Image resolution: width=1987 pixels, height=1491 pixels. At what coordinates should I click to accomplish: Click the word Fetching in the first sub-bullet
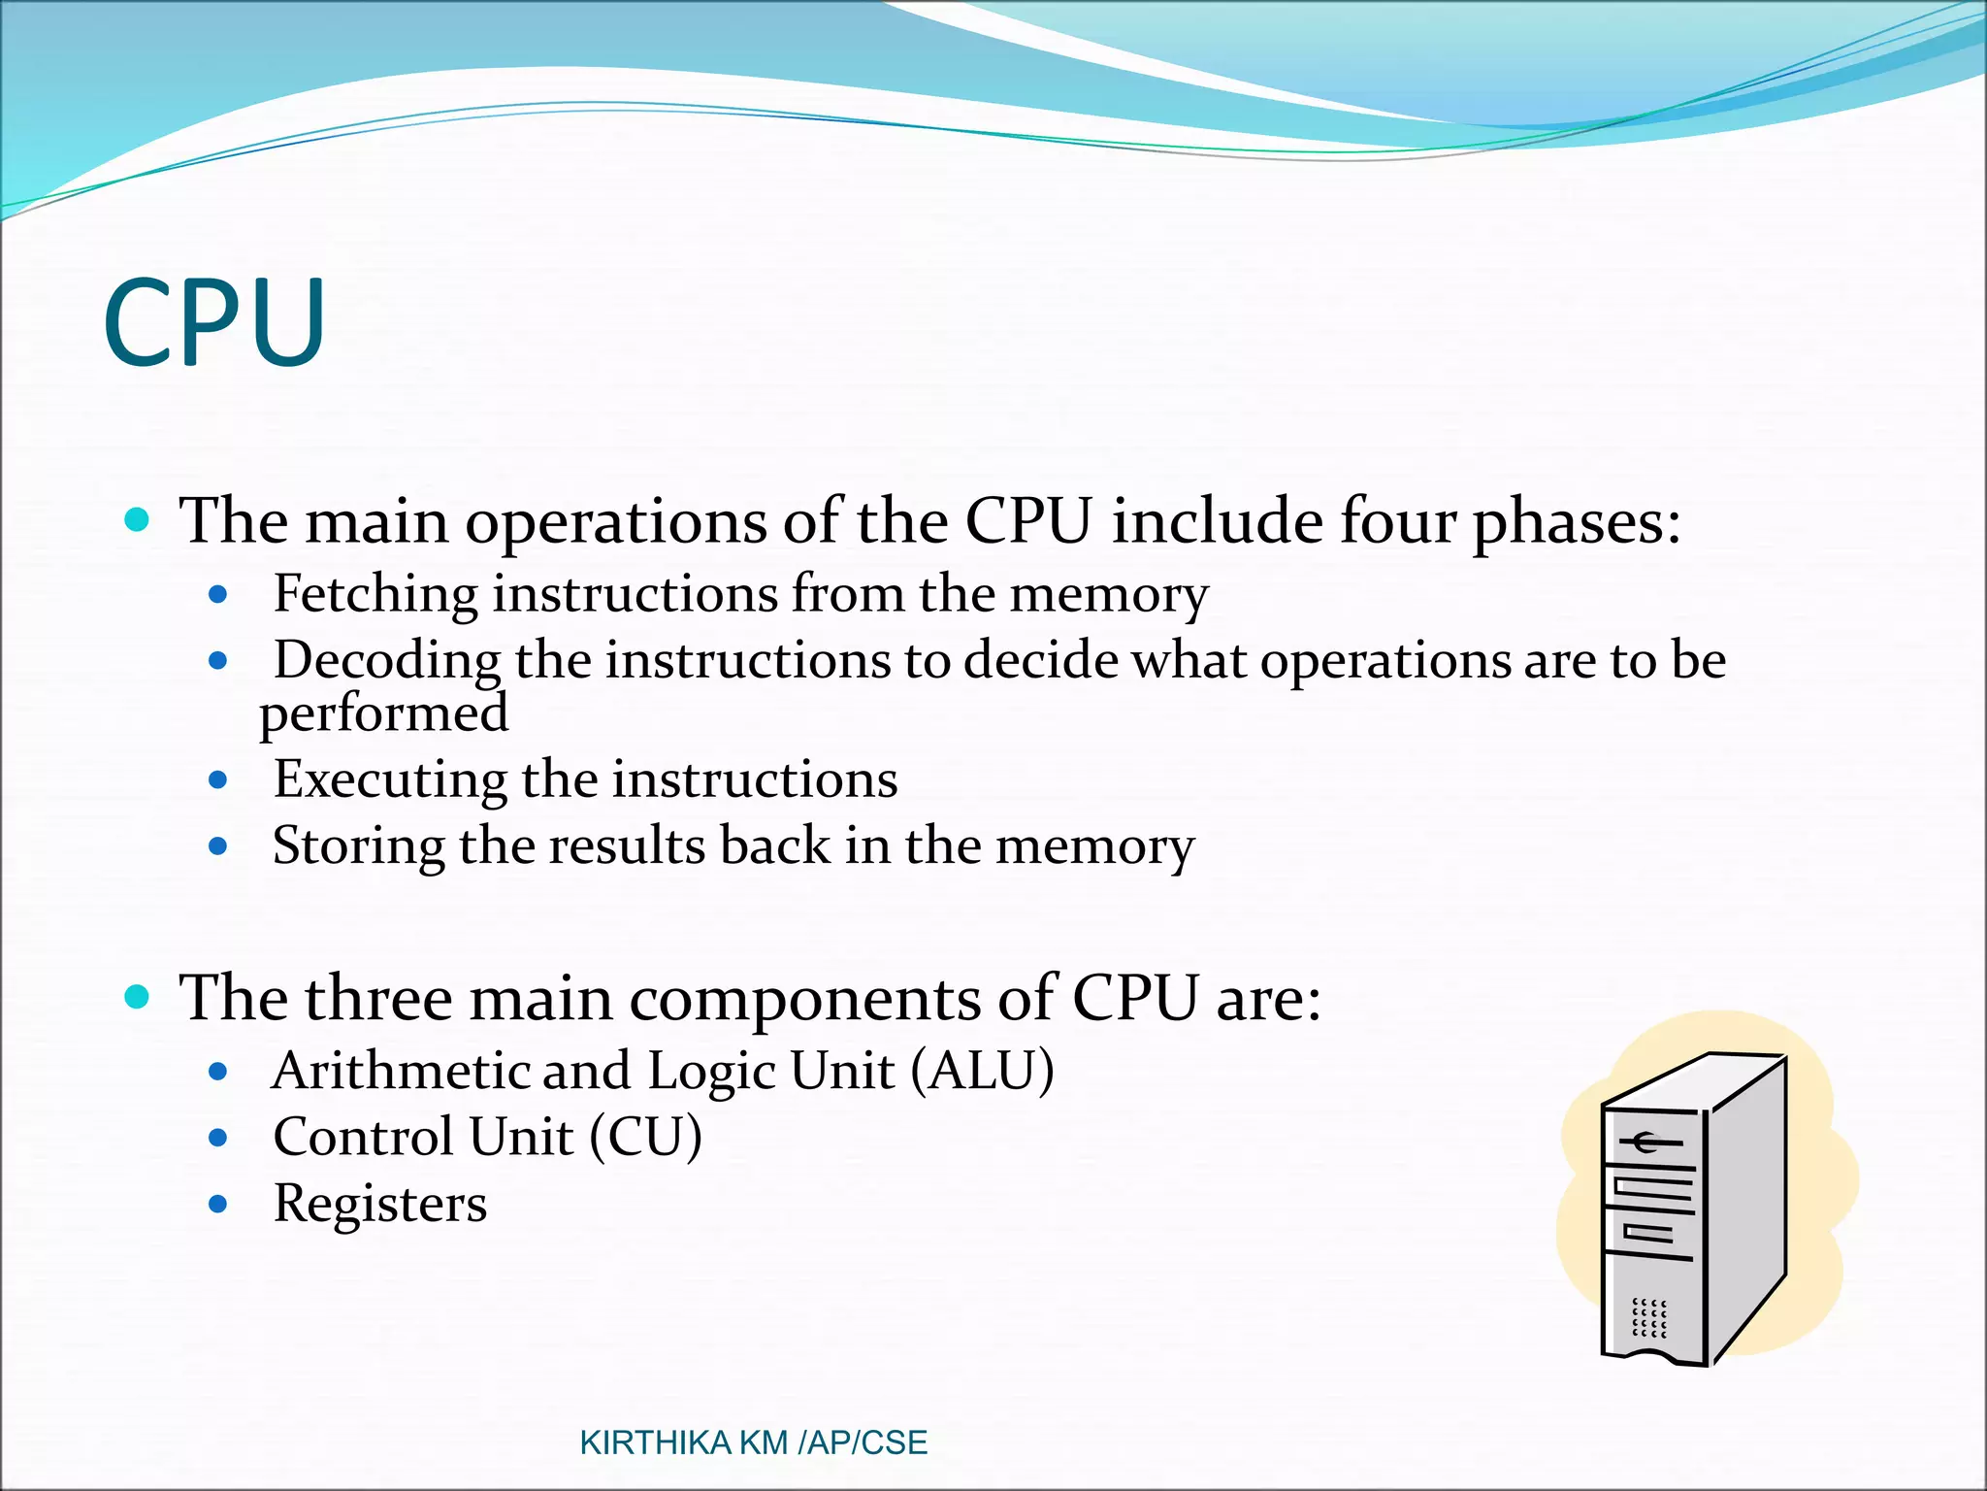tap(375, 593)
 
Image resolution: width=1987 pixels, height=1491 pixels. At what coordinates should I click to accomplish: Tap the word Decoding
tap(386, 661)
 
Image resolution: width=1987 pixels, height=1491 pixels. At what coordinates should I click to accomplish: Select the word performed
tap(383, 714)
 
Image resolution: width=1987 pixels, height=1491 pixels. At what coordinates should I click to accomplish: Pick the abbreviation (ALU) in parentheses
tap(982, 1072)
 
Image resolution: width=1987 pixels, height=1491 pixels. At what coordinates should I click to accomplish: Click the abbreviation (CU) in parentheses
tap(645, 1138)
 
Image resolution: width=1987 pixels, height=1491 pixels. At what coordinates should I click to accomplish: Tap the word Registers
tap(379, 1204)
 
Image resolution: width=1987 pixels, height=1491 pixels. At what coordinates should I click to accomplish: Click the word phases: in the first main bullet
tap(1576, 522)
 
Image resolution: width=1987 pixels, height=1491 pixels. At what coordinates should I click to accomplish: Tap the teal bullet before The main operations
tap(138, 519)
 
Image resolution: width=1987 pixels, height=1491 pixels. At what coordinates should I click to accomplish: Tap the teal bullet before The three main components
tap(138, 996)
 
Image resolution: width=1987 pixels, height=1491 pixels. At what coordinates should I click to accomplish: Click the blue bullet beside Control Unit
tap(218, 1138)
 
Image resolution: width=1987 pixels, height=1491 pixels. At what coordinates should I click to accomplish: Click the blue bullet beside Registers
tap(218, 1205)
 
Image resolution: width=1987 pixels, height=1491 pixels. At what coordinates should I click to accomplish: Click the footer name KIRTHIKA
tap(655, 1443)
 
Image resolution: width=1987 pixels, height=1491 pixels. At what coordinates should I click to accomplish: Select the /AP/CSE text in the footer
tap(863, 1443)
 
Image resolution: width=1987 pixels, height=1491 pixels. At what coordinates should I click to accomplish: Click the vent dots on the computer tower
tap(1648, 1319)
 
